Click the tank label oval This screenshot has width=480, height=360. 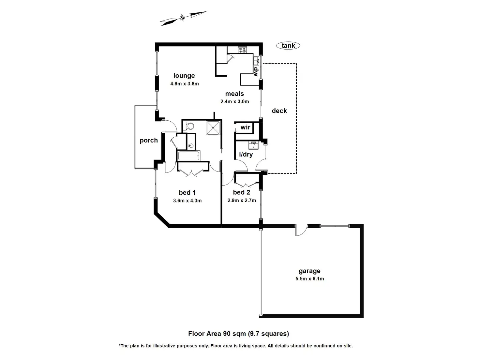(x=288, y=45)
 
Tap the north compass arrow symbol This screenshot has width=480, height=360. (x=183, y=18)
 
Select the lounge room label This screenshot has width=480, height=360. (x=184, y=75)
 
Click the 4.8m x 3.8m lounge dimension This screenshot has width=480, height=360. (x=185, y=83)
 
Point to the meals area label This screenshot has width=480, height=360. (x=234, y=94)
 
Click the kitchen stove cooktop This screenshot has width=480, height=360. (x=242, y=50)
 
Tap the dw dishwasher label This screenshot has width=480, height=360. (x=256, y=71)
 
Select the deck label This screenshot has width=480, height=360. (x=279, y=111)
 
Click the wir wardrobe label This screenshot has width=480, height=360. (x=245, y=127)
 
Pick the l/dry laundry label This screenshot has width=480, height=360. (x=246, y=154)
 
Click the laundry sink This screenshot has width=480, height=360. (x=253, y=145)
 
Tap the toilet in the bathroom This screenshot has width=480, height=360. (x=188, y=126)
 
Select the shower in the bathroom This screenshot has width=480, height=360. (x=213, y=127)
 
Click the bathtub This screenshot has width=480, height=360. (x=188, y=156)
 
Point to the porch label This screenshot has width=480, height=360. (x=149, y=140)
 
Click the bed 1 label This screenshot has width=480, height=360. (x=187, y=192)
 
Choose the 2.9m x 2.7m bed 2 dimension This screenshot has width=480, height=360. (x=242, y=201)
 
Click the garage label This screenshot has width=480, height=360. (x=309, y=271)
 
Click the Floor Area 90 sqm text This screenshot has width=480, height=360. (x=238, y=334)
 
